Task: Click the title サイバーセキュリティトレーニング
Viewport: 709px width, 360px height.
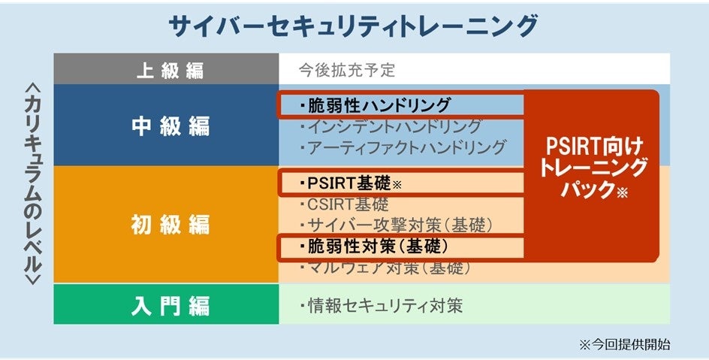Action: tap(354, 26)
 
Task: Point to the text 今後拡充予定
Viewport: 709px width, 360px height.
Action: tap(346, 71)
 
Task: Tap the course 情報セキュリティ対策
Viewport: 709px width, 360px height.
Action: tap(383, 306)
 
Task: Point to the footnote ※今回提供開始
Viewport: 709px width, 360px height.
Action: tap(624, 345)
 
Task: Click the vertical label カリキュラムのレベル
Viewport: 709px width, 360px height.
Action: tap(30, 184)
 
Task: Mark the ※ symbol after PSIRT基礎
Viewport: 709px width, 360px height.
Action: tap(398, 184)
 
